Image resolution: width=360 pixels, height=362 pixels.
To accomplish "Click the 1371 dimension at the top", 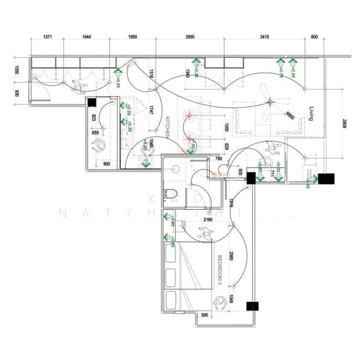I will coord(51,37).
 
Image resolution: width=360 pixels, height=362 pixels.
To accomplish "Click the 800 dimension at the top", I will coord(315,37).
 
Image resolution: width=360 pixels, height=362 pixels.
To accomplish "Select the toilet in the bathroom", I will coord(173,194).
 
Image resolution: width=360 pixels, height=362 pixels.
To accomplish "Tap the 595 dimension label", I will coord(204,314).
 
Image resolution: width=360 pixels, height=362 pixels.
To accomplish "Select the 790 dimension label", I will coord(218,159).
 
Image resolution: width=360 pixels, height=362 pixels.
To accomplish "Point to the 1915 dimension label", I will coord(232,203).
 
